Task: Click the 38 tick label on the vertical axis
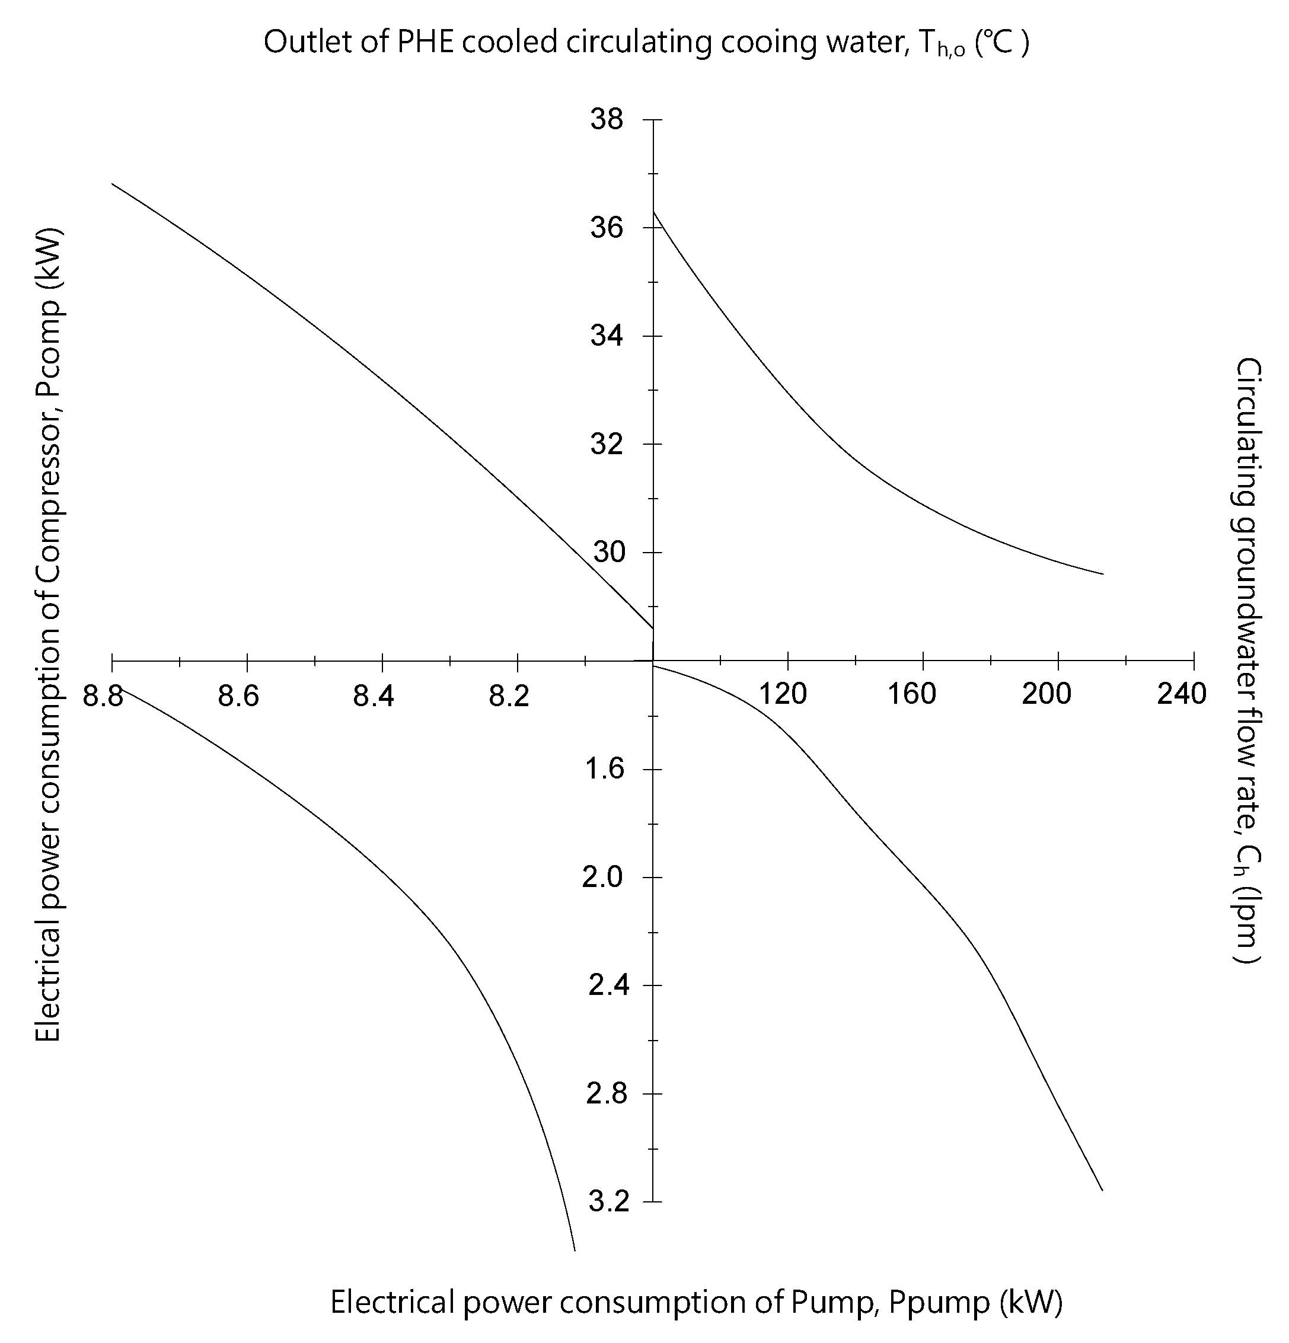point(607,120)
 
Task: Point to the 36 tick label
point(607,228)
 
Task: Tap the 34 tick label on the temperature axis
point(607,336)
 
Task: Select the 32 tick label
point(607,445)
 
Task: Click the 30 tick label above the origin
point(608,552)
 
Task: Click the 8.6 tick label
point(238,696)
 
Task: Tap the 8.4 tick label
point(374,696)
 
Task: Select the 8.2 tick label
point(509,696)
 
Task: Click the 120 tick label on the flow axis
point(783,695)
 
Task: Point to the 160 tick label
point(911,695)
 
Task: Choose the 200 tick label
point(1046,695)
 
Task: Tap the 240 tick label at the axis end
point(1182,695)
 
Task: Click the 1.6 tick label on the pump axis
point(607,770)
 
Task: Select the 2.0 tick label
point(603,878)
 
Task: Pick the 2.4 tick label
point(607,986)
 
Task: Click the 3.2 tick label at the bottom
point(607,1202)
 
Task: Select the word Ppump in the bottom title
point(939,1303)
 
